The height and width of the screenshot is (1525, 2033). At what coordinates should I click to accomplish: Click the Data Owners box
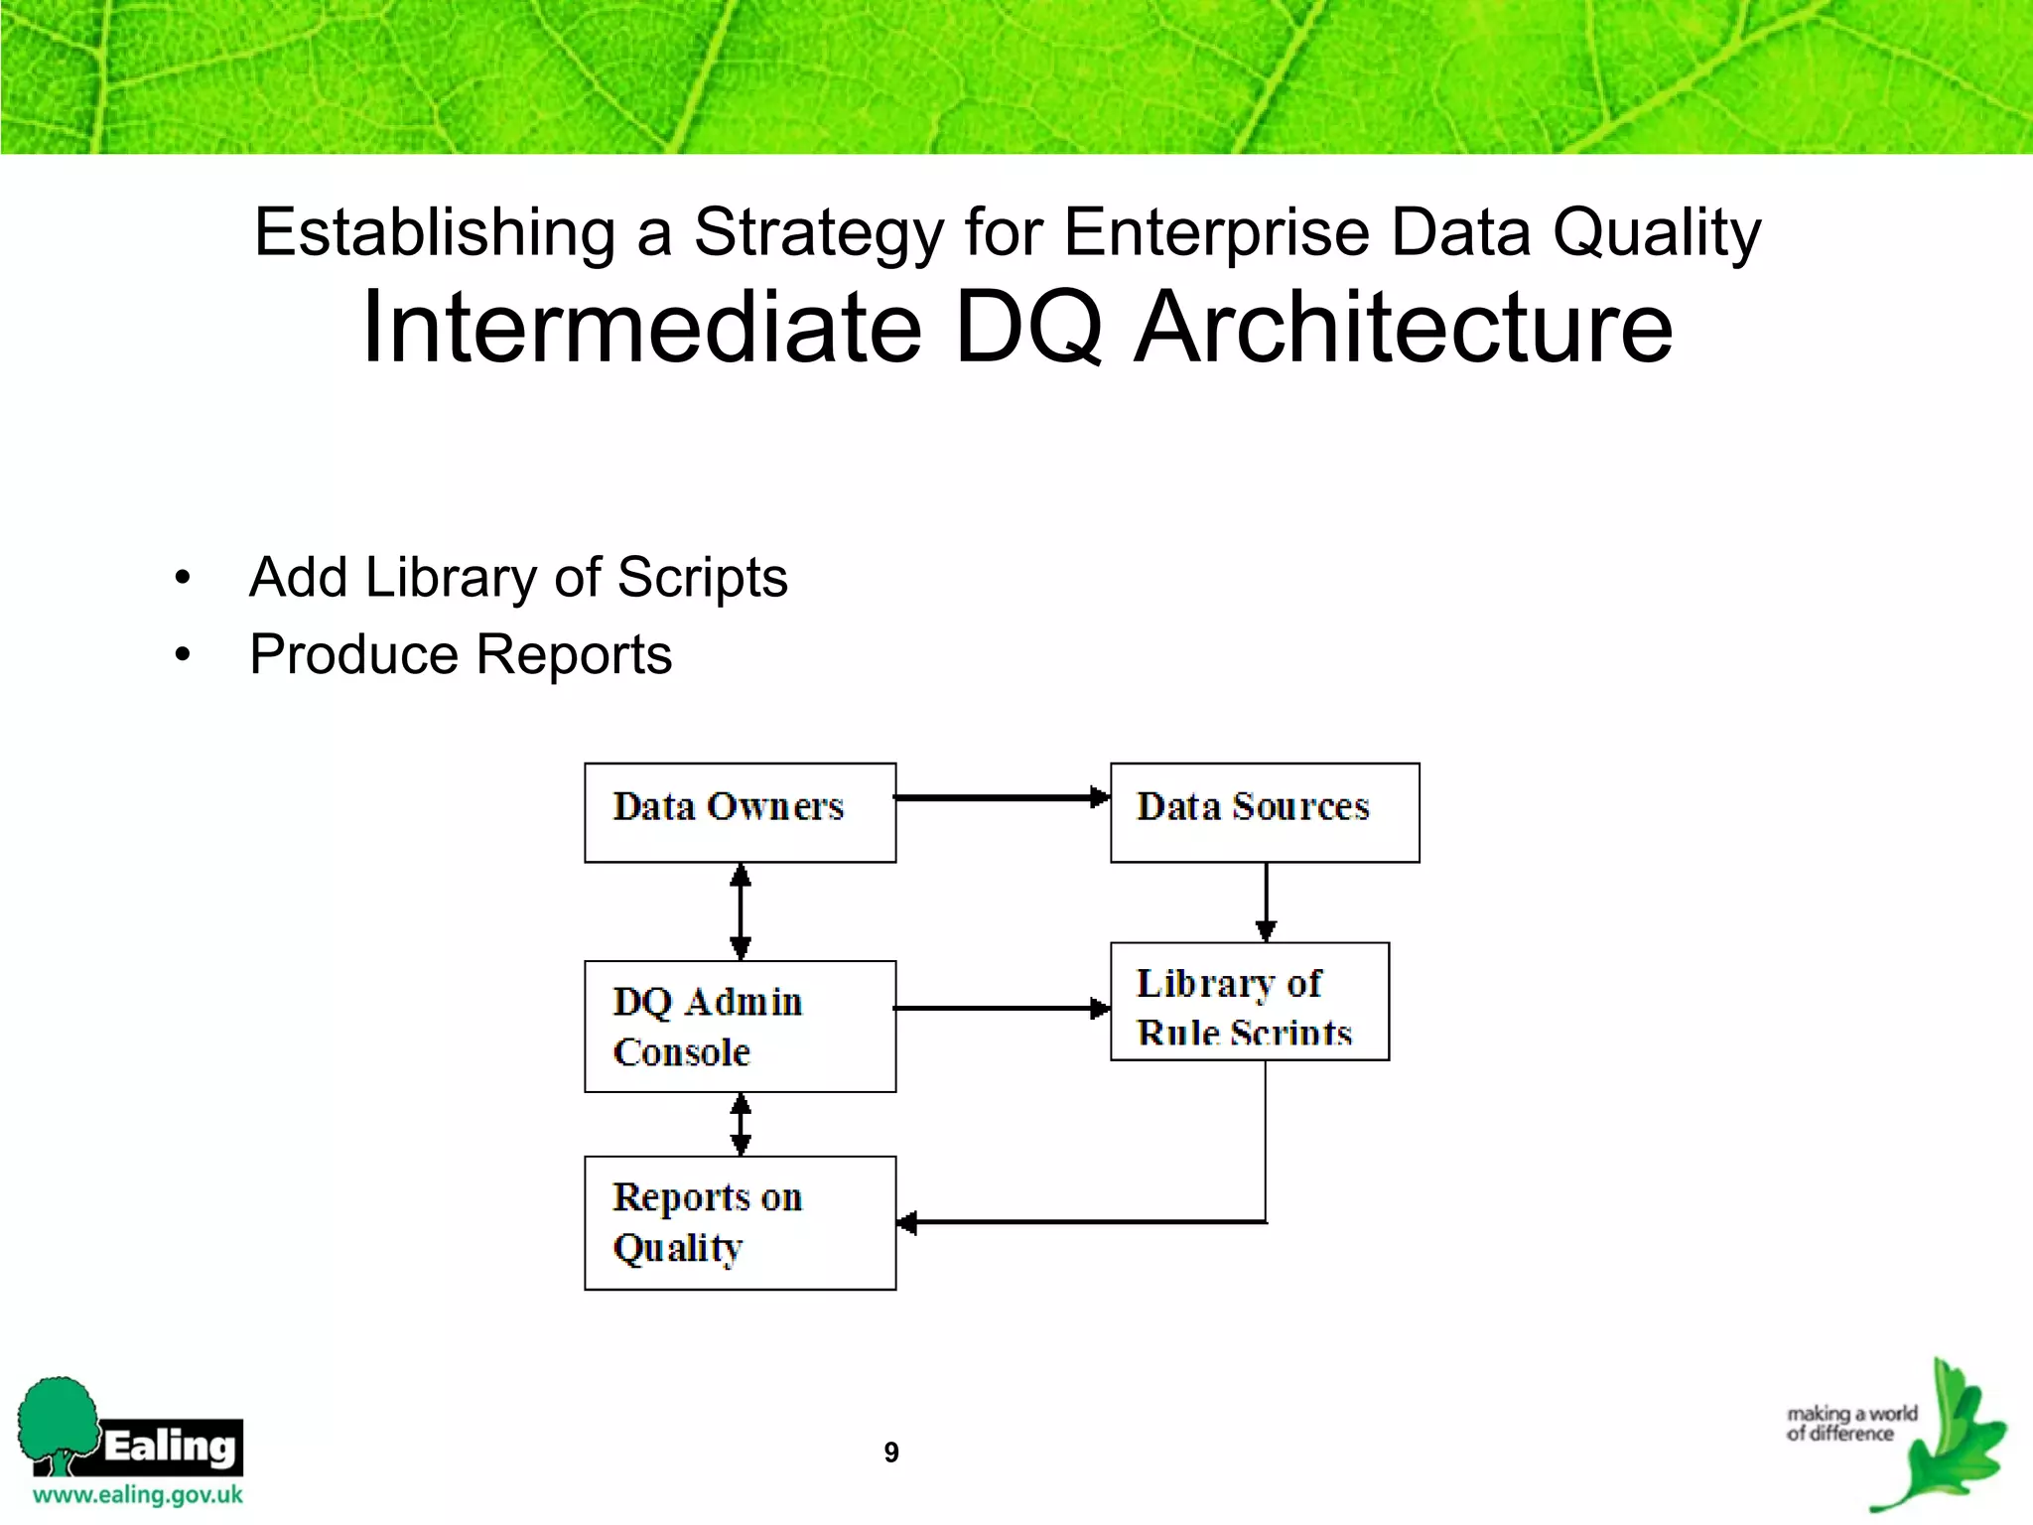740,812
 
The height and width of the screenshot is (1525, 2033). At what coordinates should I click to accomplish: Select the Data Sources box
1264,812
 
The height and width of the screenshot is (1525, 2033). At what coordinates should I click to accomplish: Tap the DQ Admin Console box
740,1026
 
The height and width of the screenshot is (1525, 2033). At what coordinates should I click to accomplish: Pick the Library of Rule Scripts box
1249,1002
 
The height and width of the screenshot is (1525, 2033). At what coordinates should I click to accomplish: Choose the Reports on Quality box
740,1222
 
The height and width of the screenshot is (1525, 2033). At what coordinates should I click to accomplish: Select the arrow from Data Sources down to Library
1266,901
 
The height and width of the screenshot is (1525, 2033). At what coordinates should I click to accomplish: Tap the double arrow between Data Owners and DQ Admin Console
741,910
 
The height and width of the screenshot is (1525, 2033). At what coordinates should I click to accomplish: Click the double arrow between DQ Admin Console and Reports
741,1124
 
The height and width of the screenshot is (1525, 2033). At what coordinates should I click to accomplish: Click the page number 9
891,1453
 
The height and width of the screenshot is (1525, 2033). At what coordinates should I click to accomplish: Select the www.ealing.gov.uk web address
137,1495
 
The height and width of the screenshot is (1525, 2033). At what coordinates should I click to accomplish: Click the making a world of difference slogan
1850,1423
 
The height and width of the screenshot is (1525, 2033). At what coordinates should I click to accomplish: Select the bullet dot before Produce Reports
182,654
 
